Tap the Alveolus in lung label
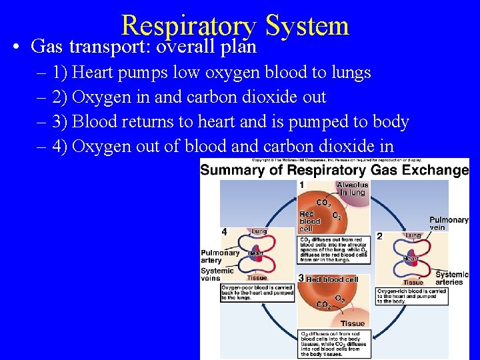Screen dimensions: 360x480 (x=352, y=189)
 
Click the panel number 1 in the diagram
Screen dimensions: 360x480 (x=302, y=185)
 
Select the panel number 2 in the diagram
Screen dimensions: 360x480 (x=379, y=236)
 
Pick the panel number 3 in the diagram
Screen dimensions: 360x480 (x=301, y=278)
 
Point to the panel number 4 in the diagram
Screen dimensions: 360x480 (x=224, y=231)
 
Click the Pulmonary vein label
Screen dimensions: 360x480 (x=449, y=223)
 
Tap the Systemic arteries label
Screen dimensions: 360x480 (x=452, y=278)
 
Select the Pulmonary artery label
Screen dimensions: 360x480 (x=219, y=256)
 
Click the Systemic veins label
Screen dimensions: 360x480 (x=217, y=275)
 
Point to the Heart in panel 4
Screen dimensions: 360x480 (x=256, y=253)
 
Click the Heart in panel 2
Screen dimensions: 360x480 (x=411, y=258)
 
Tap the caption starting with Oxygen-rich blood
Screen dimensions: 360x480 (x=411, y=295)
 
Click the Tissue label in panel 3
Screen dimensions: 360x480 (x=353, y=323)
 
